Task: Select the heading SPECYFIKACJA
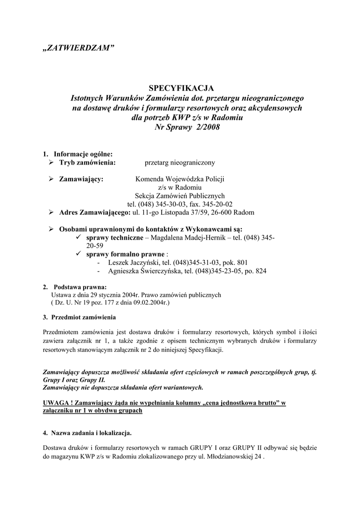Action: point(180,88)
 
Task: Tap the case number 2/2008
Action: point(205,127)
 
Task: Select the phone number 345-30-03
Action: point(172,204)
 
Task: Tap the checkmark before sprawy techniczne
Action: point(79,238)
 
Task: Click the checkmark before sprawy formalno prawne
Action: point(79,254)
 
